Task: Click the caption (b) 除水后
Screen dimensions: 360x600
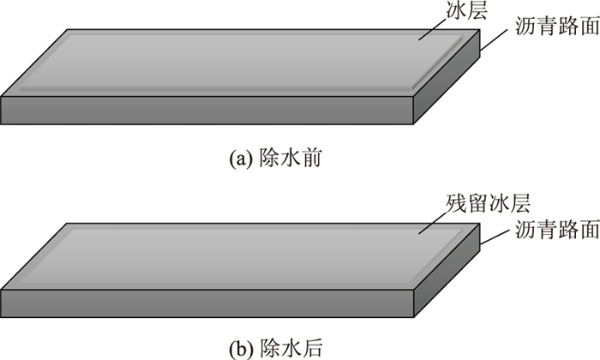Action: tap(275, 347)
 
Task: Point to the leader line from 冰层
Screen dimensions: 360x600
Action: tap(437, 28)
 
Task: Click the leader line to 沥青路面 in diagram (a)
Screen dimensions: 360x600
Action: tap(498, 39)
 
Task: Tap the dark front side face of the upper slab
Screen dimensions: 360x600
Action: tap(206, 110)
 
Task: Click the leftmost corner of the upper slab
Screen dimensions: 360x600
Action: tap(3, 97)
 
